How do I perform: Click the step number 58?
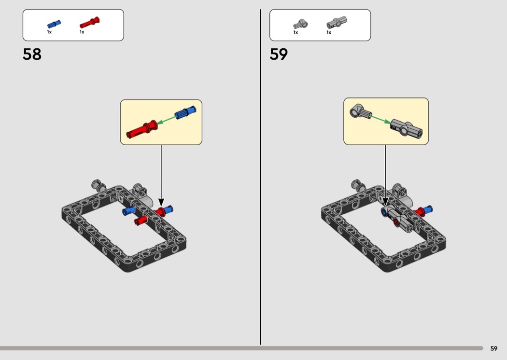32,55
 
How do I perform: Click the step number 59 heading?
279,55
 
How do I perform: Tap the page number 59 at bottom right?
494,348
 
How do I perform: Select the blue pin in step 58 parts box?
54,24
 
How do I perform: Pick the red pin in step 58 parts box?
89,23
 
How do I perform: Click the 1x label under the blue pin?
49,32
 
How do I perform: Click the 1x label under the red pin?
82,32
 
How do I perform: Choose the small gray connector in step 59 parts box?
300,24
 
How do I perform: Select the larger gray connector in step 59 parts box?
337,23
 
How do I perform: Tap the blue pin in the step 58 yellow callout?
185,112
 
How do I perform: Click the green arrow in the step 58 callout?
166,120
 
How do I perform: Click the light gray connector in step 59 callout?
360,112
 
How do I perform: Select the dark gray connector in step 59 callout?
407,128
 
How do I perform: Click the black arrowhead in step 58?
161,202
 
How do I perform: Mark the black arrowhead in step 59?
385,202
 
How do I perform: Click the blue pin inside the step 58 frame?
128,211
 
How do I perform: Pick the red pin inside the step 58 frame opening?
141,221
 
